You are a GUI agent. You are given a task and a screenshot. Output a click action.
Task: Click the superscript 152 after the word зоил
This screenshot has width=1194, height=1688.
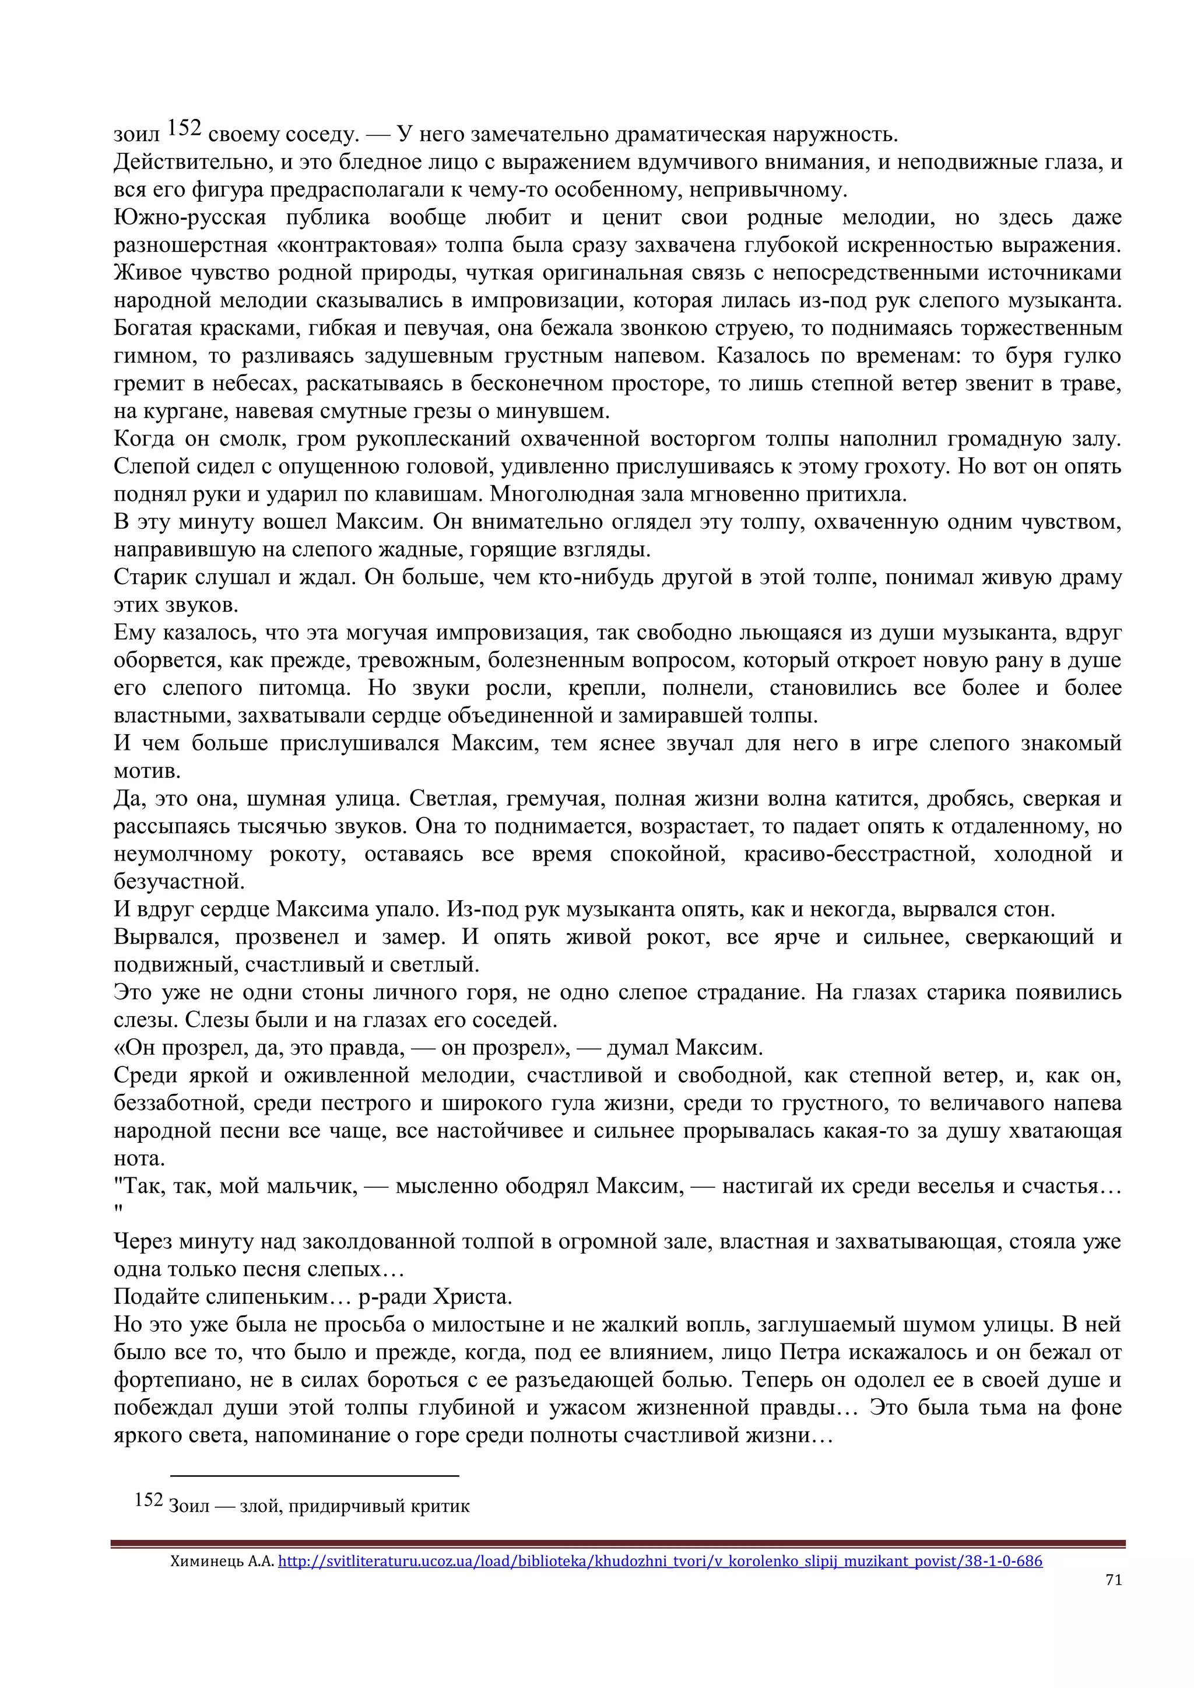[184, 129]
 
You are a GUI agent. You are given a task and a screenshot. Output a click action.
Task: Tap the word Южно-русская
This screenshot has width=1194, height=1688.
[189, 217]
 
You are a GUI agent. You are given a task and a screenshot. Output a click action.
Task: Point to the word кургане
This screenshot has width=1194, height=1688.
[166, 411]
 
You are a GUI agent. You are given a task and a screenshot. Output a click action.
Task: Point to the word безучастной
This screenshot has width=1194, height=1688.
[178, 882]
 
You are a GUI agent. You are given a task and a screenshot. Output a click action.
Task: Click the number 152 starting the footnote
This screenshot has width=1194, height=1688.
[149, 1500]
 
